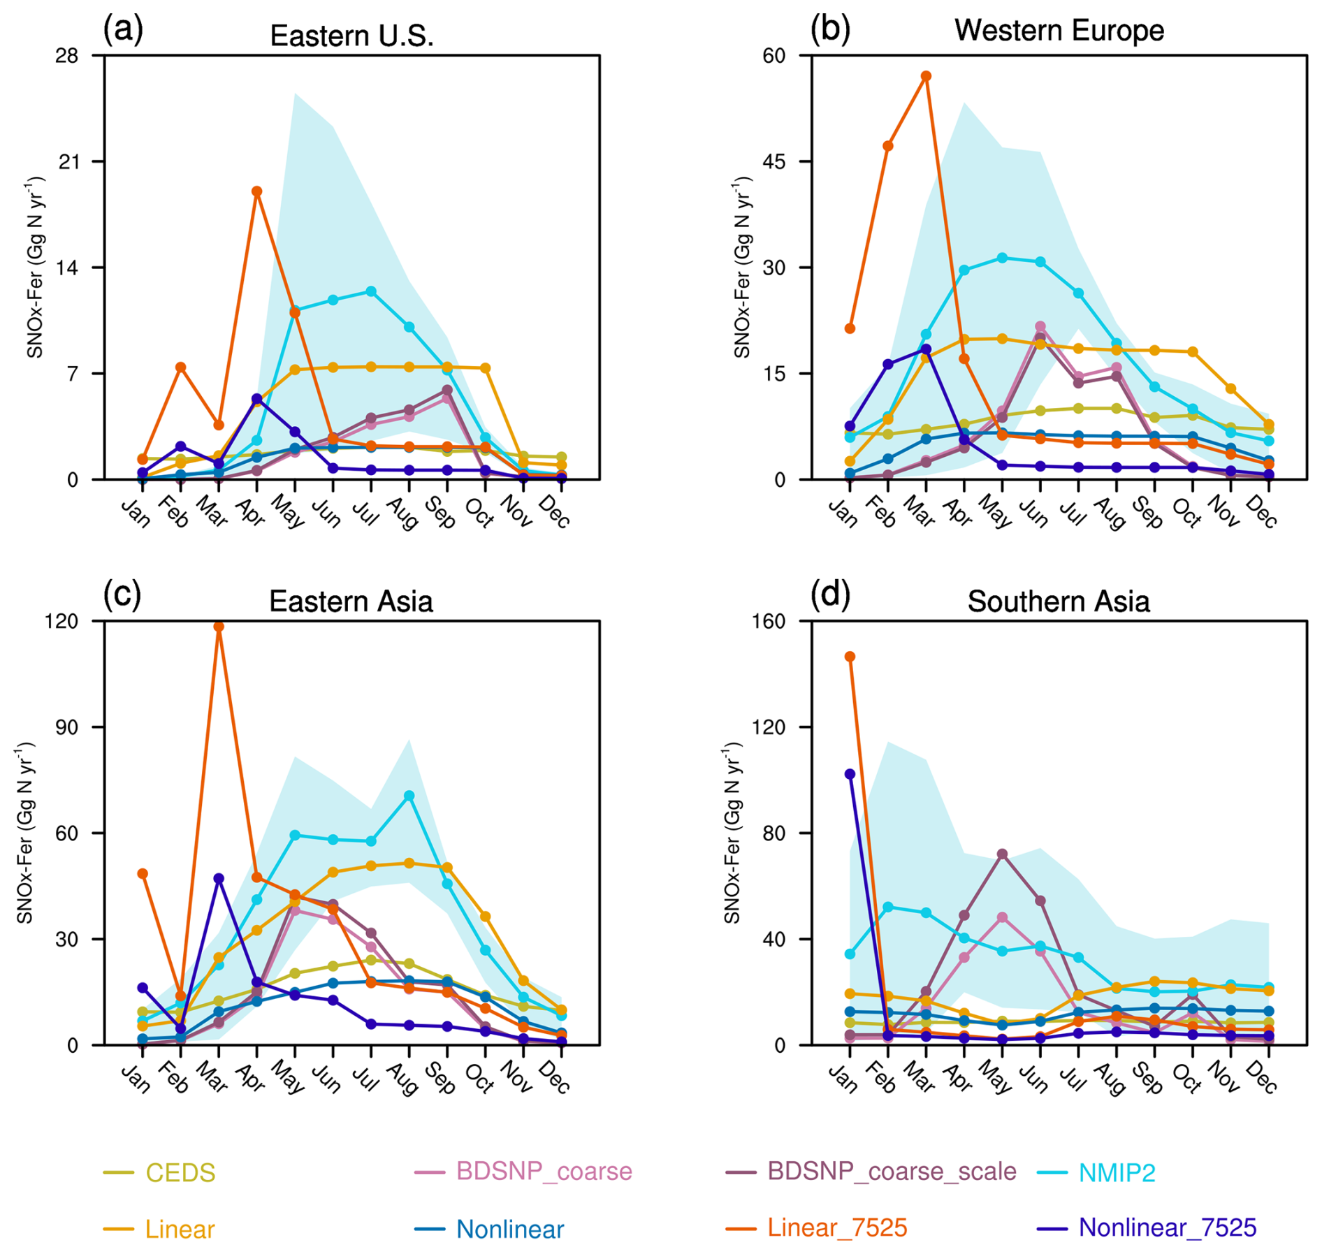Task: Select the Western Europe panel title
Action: point(1058,31)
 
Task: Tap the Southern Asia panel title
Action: point(1058,602)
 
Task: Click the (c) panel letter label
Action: point(122,595)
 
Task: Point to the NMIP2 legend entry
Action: point(1116,1173)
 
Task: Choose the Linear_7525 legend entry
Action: point(836,1227)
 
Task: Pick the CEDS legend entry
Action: point(180,1173)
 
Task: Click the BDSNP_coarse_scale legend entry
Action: point(891,1172)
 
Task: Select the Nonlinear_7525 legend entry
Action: point(1167,1227)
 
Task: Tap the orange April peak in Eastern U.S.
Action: point(257,191)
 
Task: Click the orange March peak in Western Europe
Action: point(926,76)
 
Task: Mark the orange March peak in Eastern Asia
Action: point(219,627)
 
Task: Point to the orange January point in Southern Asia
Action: point(850,657)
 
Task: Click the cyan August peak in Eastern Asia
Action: point(409,796)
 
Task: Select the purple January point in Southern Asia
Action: point(850,774)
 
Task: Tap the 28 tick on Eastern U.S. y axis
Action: point(67,56)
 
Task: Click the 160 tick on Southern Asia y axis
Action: point(769,621)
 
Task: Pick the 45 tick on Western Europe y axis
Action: point(773,161)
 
